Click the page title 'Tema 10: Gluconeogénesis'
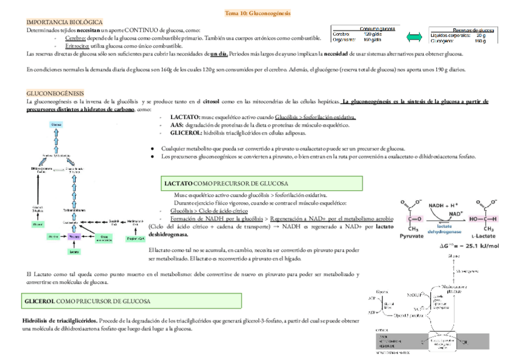[x=254, y=13]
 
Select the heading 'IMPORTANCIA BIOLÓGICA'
[x=65, y=22]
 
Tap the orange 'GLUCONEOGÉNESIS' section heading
[x=55, y=94]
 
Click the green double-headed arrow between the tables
[x=412, y=37]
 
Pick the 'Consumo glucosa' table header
[x=377, y=28]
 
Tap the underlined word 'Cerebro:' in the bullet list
[x=77, y=38]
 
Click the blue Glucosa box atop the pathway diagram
[x=56, y=125]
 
